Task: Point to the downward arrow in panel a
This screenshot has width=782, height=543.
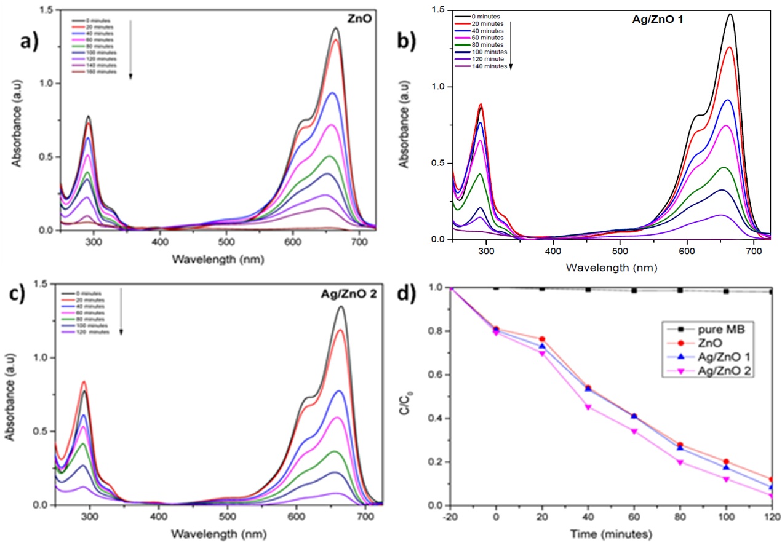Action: [130, 49]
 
